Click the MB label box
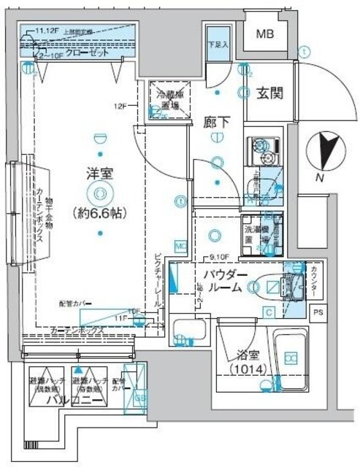tap(266, 34)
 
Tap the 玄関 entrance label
tap(269, 94)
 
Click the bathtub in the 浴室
tap(291, 359)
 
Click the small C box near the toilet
tap(269, 313)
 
